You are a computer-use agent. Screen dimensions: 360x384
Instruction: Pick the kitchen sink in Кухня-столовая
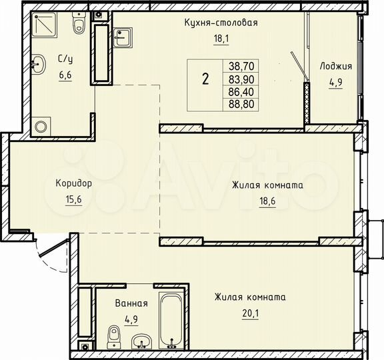coord(122,36)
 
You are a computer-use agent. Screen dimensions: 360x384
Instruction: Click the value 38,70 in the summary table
coord(242,66)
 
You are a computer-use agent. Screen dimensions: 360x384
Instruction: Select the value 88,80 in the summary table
coord(242,104)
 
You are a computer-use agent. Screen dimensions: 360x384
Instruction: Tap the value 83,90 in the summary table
coord(242,79)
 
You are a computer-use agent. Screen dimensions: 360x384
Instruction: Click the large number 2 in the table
coord(205,79)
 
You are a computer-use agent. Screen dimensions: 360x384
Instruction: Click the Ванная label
coord(130,303)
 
